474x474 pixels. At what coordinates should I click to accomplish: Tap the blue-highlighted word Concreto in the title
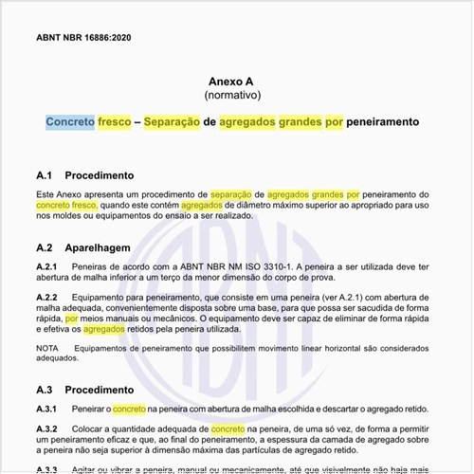70,123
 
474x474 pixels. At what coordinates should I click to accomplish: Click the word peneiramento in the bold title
383,123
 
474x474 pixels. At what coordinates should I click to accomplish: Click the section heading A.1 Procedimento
84,176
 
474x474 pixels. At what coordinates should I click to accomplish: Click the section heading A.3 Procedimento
84,390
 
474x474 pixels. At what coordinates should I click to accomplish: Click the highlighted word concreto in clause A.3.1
129,410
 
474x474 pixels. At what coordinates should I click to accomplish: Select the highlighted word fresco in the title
115,123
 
